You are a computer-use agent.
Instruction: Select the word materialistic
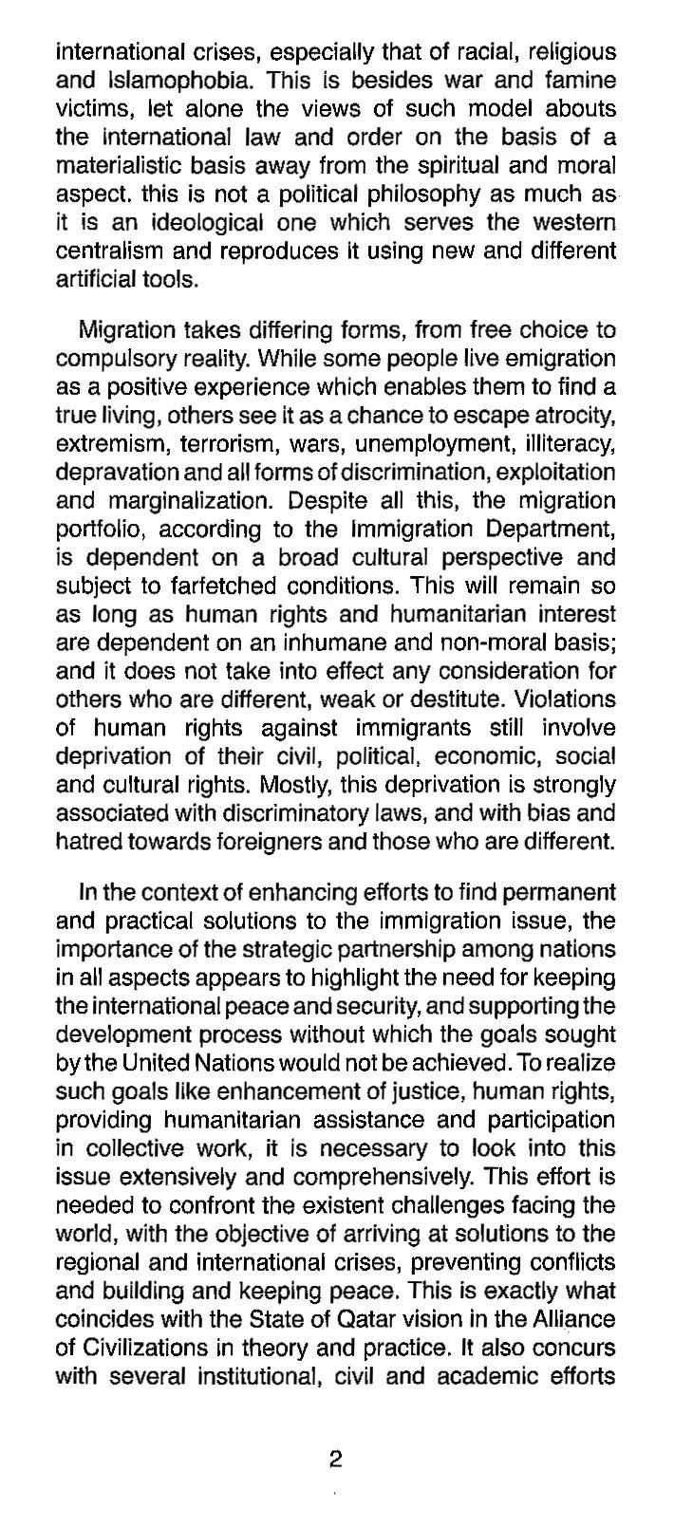pyautogui.click(x=113, y=166)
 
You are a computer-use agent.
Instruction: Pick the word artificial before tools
pyautogui.click(x=95, y=280)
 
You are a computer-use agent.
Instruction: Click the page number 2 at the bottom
pyautogui.click(x=334, y=1460)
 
